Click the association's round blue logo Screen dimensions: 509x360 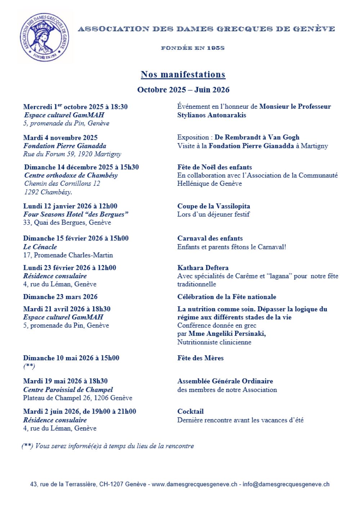point(45,37)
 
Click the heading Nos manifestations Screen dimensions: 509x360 point(183,75)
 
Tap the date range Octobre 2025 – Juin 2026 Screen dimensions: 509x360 point(183,90)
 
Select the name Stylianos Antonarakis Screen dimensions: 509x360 point(212,115)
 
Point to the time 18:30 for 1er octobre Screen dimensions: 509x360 point(119,107)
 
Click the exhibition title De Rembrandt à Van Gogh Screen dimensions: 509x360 point(257,137)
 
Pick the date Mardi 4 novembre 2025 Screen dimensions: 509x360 point(60,138)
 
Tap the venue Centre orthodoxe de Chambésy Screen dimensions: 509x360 point(71,175)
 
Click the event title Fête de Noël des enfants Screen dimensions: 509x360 point(215,167)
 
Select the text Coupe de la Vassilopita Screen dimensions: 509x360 point(213,206)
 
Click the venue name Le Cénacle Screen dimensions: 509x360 point(40,247)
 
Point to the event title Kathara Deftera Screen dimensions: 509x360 point(203,268)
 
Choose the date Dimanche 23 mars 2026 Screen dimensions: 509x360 point(60,297)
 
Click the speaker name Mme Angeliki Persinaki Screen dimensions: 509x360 point(227,334)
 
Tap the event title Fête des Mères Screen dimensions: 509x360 point(200,358)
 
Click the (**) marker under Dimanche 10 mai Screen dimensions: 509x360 point(29,366)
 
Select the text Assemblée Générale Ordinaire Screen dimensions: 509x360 point(225,381)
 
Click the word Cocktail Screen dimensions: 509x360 point(190,411)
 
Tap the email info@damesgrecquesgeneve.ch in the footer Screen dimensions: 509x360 point(286,485)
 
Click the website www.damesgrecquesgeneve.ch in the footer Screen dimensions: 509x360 point(194,485)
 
